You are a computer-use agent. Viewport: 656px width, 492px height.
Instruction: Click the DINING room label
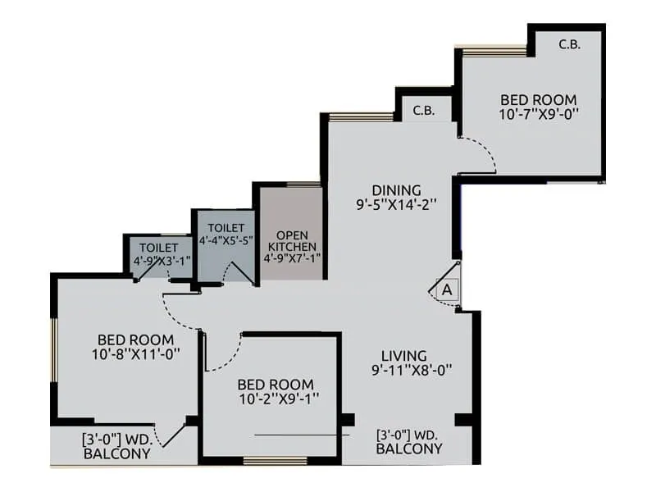395,189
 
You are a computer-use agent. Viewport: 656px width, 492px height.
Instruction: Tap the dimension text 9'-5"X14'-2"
395,205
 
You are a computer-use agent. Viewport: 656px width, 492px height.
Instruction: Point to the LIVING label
403,356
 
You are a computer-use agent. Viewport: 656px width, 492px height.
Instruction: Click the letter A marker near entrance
447,289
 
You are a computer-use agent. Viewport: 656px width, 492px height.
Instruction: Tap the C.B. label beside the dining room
423,110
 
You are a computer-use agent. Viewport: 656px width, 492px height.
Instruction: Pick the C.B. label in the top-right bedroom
569,45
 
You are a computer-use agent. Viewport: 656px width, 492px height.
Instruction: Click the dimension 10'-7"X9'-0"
539,116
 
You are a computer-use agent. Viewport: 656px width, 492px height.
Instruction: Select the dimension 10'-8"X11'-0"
135,354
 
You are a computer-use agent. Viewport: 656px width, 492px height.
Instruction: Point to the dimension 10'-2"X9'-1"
275,399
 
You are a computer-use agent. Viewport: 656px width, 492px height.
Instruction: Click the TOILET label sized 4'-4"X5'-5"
225,227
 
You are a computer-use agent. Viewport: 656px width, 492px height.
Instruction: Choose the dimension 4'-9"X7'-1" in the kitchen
292,257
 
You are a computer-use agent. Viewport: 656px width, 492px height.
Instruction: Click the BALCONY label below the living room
408,449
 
